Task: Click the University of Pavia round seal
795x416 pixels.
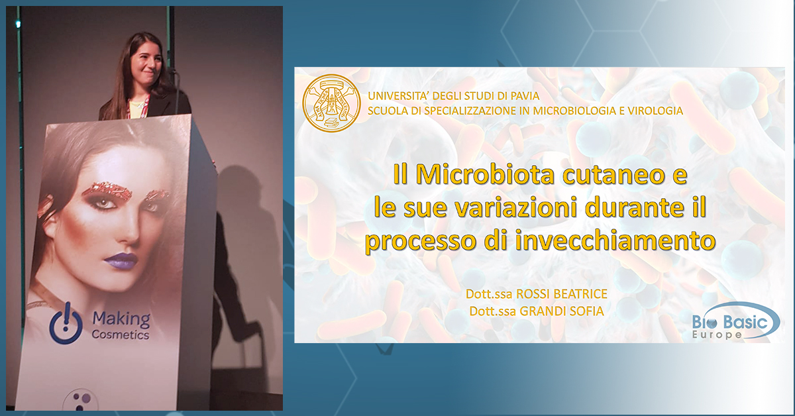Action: (331, 103)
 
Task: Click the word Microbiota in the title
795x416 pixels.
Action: (485, 174)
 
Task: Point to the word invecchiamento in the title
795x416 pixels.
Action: (615, 240)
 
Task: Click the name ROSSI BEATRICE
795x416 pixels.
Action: (562, 294)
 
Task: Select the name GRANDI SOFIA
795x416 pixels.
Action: (562, 311)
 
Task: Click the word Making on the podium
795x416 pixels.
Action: (121, 319)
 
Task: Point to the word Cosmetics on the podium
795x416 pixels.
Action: (121, 335)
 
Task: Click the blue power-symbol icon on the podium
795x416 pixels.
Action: (66, 323)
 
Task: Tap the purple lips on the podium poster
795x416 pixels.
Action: (121, 260)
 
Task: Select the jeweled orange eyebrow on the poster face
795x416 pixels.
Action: (112, 190)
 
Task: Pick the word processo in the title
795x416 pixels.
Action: (421, 242)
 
